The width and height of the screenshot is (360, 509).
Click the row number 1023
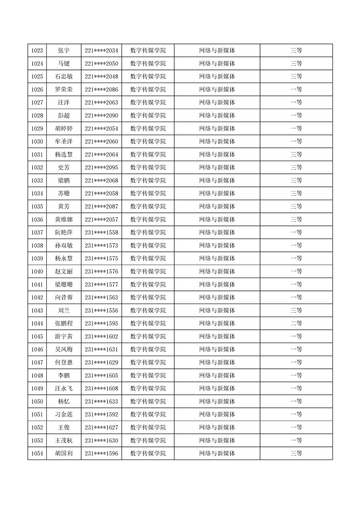pos(37,50)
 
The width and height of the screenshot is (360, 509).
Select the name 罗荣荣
pos(64,89)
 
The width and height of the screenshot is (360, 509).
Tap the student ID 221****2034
pos(101,50)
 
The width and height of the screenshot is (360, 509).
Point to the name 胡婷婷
pos(64,128)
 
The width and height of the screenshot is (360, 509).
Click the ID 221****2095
pos(101,167)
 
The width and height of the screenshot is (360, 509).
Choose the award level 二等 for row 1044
pos(296,323)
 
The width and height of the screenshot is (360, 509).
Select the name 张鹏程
pos(64,323)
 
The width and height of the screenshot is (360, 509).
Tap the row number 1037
pos(37,232)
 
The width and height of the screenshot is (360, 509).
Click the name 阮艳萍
pos(64,232)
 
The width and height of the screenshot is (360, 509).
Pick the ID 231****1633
pos(101,401)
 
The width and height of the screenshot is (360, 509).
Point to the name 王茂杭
pos(64,440)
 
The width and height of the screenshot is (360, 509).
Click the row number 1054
pos(37,453)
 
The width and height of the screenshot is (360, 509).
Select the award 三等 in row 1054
pos(296,453)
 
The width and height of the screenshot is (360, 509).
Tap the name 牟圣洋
pos(64,142)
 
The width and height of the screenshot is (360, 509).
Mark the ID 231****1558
pos(101,232)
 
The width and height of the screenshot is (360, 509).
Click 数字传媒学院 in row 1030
pos(148,142)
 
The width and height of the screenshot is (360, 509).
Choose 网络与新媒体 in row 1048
pos(217,376)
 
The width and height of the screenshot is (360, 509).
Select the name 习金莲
pos(64,414)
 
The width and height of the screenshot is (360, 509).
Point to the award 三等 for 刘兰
pos(296,310)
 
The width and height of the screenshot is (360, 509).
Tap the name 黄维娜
pos(64,220)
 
